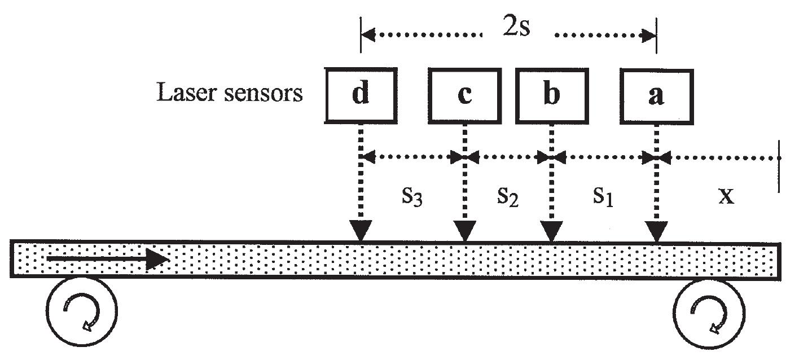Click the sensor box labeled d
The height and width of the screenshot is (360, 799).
361,95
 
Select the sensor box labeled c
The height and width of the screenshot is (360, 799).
464,95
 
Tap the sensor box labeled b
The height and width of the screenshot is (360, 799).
551,95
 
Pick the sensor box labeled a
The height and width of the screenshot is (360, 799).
656,95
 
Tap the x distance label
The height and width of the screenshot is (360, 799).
727,197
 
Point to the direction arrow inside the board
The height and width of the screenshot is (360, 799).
107,259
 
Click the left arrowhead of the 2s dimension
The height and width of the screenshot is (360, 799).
367,36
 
